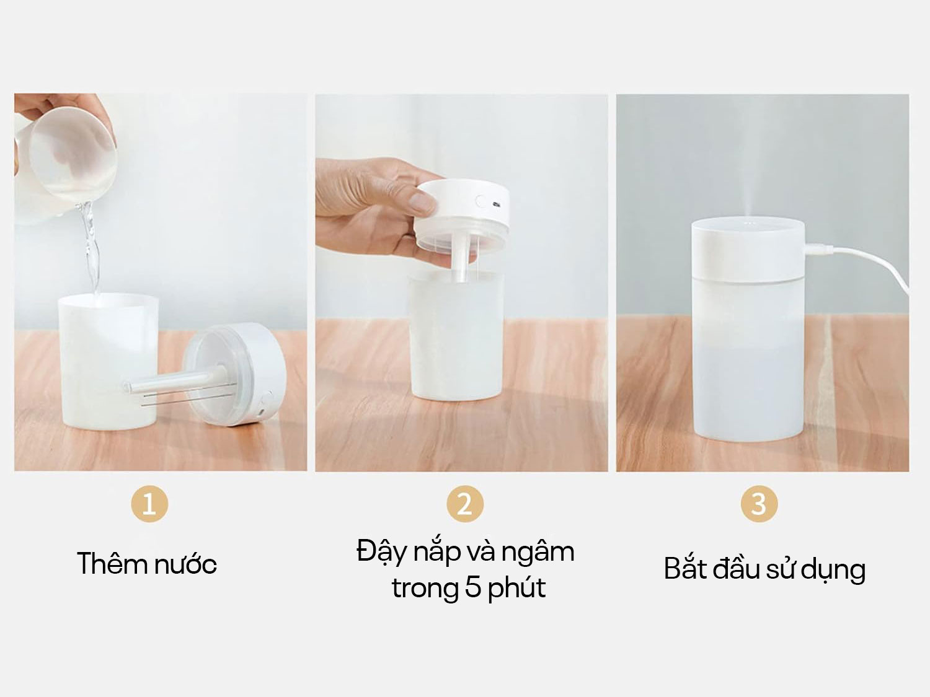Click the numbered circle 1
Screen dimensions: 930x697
pos(149,504)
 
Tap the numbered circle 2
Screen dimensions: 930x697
pos(465,504)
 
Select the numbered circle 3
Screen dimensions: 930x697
pos(759,504)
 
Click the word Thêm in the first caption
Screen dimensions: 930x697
pos(112,564)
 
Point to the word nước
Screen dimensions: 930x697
pos(185,565)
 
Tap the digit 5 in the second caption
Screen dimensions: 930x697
pos(473,588)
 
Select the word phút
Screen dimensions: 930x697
pos(516,589)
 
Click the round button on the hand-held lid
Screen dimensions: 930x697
pos(482,201)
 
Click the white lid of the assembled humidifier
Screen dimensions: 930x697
pos(748,250)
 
